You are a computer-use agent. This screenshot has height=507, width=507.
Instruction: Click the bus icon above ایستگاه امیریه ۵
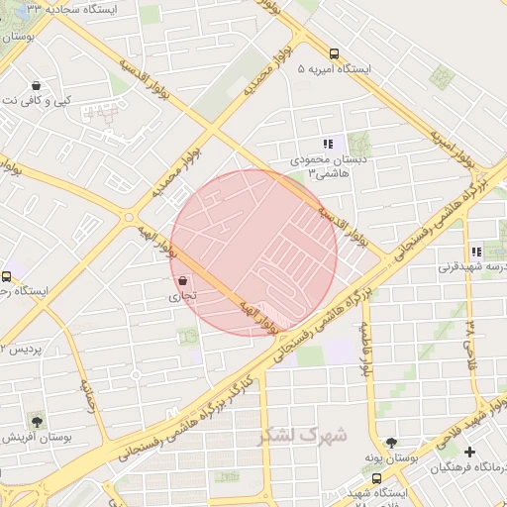click(x=334, y=54)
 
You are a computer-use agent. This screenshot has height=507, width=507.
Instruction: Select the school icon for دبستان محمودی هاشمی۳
click(x=328, y=145)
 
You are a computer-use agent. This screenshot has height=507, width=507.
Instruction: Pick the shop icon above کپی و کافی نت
click(x=37, y=85)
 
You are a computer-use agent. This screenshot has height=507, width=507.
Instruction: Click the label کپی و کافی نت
click(x=38, y=101)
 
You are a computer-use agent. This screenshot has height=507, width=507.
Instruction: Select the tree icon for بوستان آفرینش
click(x=38, y=420)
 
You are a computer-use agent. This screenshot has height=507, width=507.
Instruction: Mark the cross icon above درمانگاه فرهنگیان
click(x=469, y=452)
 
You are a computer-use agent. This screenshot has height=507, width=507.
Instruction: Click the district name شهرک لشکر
click(x=303, y=435)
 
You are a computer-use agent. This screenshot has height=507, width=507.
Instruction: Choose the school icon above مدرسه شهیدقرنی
click(x=476, y=253)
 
